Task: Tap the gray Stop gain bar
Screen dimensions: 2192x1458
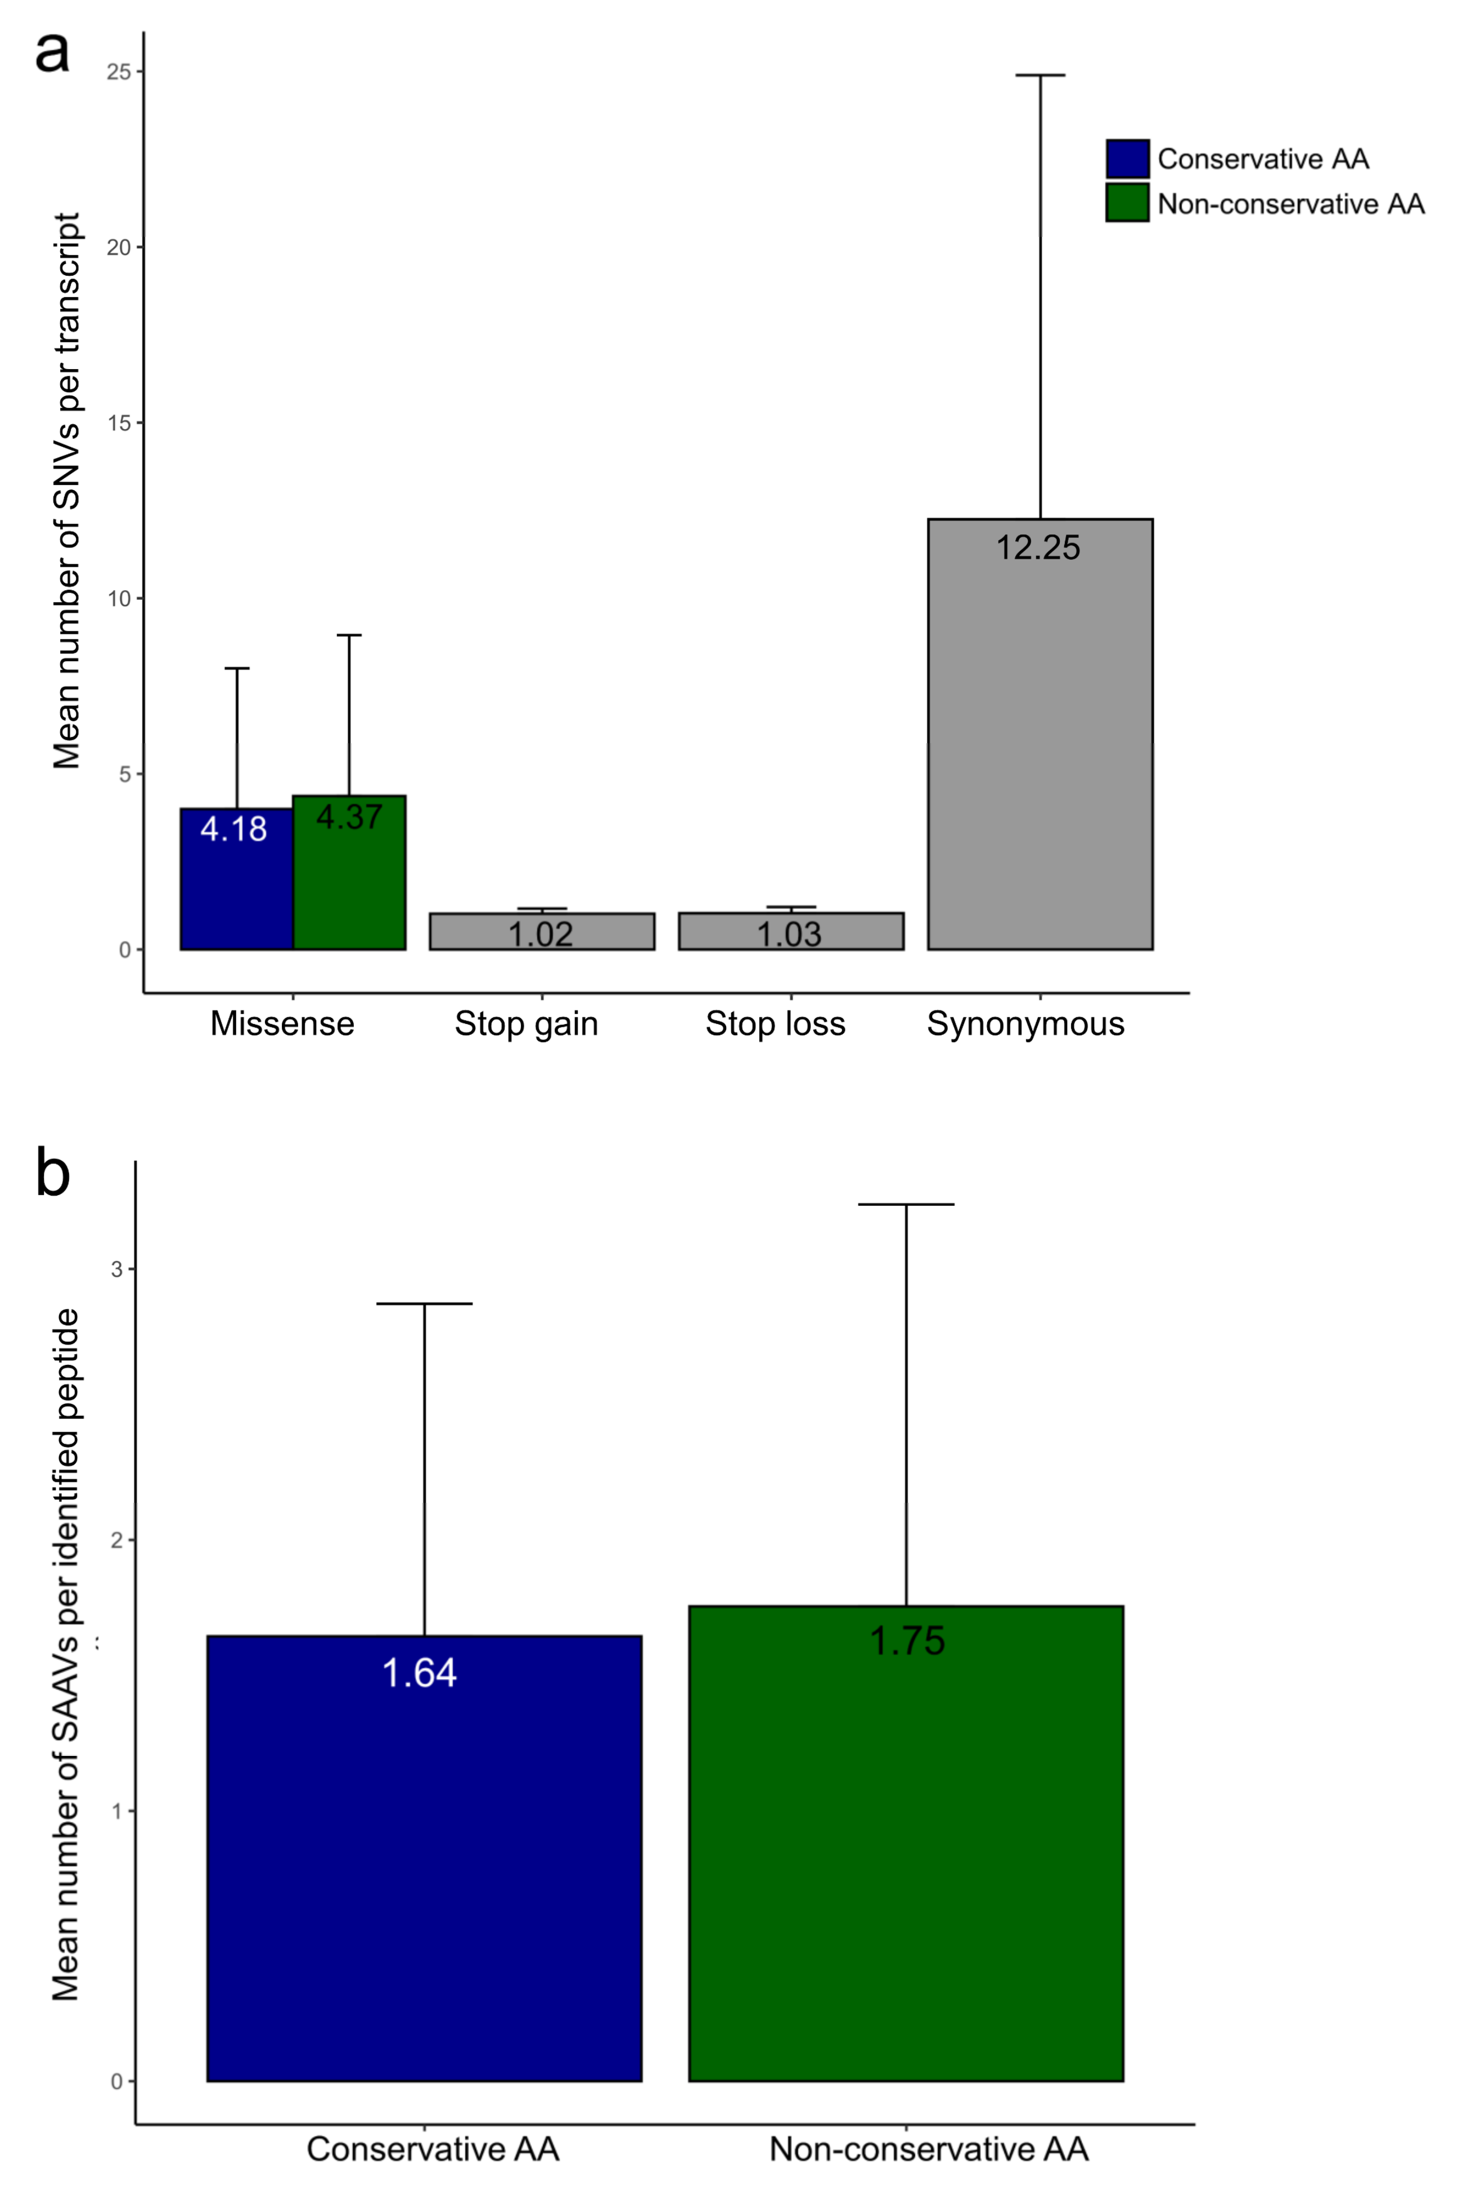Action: [x=541, y=931]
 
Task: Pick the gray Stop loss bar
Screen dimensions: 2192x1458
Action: [x=790, y=931]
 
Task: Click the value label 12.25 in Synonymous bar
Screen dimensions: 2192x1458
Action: [x=1038, y=548]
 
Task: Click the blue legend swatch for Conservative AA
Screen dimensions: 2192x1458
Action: [x=1127, y=159]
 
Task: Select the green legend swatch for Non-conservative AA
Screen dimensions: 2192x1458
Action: [x=1127, y=203]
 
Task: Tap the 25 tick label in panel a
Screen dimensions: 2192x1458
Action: [x=118, y=71]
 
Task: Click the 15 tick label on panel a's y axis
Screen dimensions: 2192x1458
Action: [x=118, y=423]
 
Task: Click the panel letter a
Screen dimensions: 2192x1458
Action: [x=52, y=52]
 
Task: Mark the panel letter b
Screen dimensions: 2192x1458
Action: [x=53, y=1174]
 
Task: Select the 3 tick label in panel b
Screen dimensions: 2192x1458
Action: [x=117, y=1269]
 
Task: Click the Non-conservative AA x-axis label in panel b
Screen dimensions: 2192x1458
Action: [x=928, y=2149]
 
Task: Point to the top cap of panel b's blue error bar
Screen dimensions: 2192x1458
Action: [x=424, y=1304]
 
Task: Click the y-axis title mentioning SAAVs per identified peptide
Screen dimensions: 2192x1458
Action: [x=65, y=1655]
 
